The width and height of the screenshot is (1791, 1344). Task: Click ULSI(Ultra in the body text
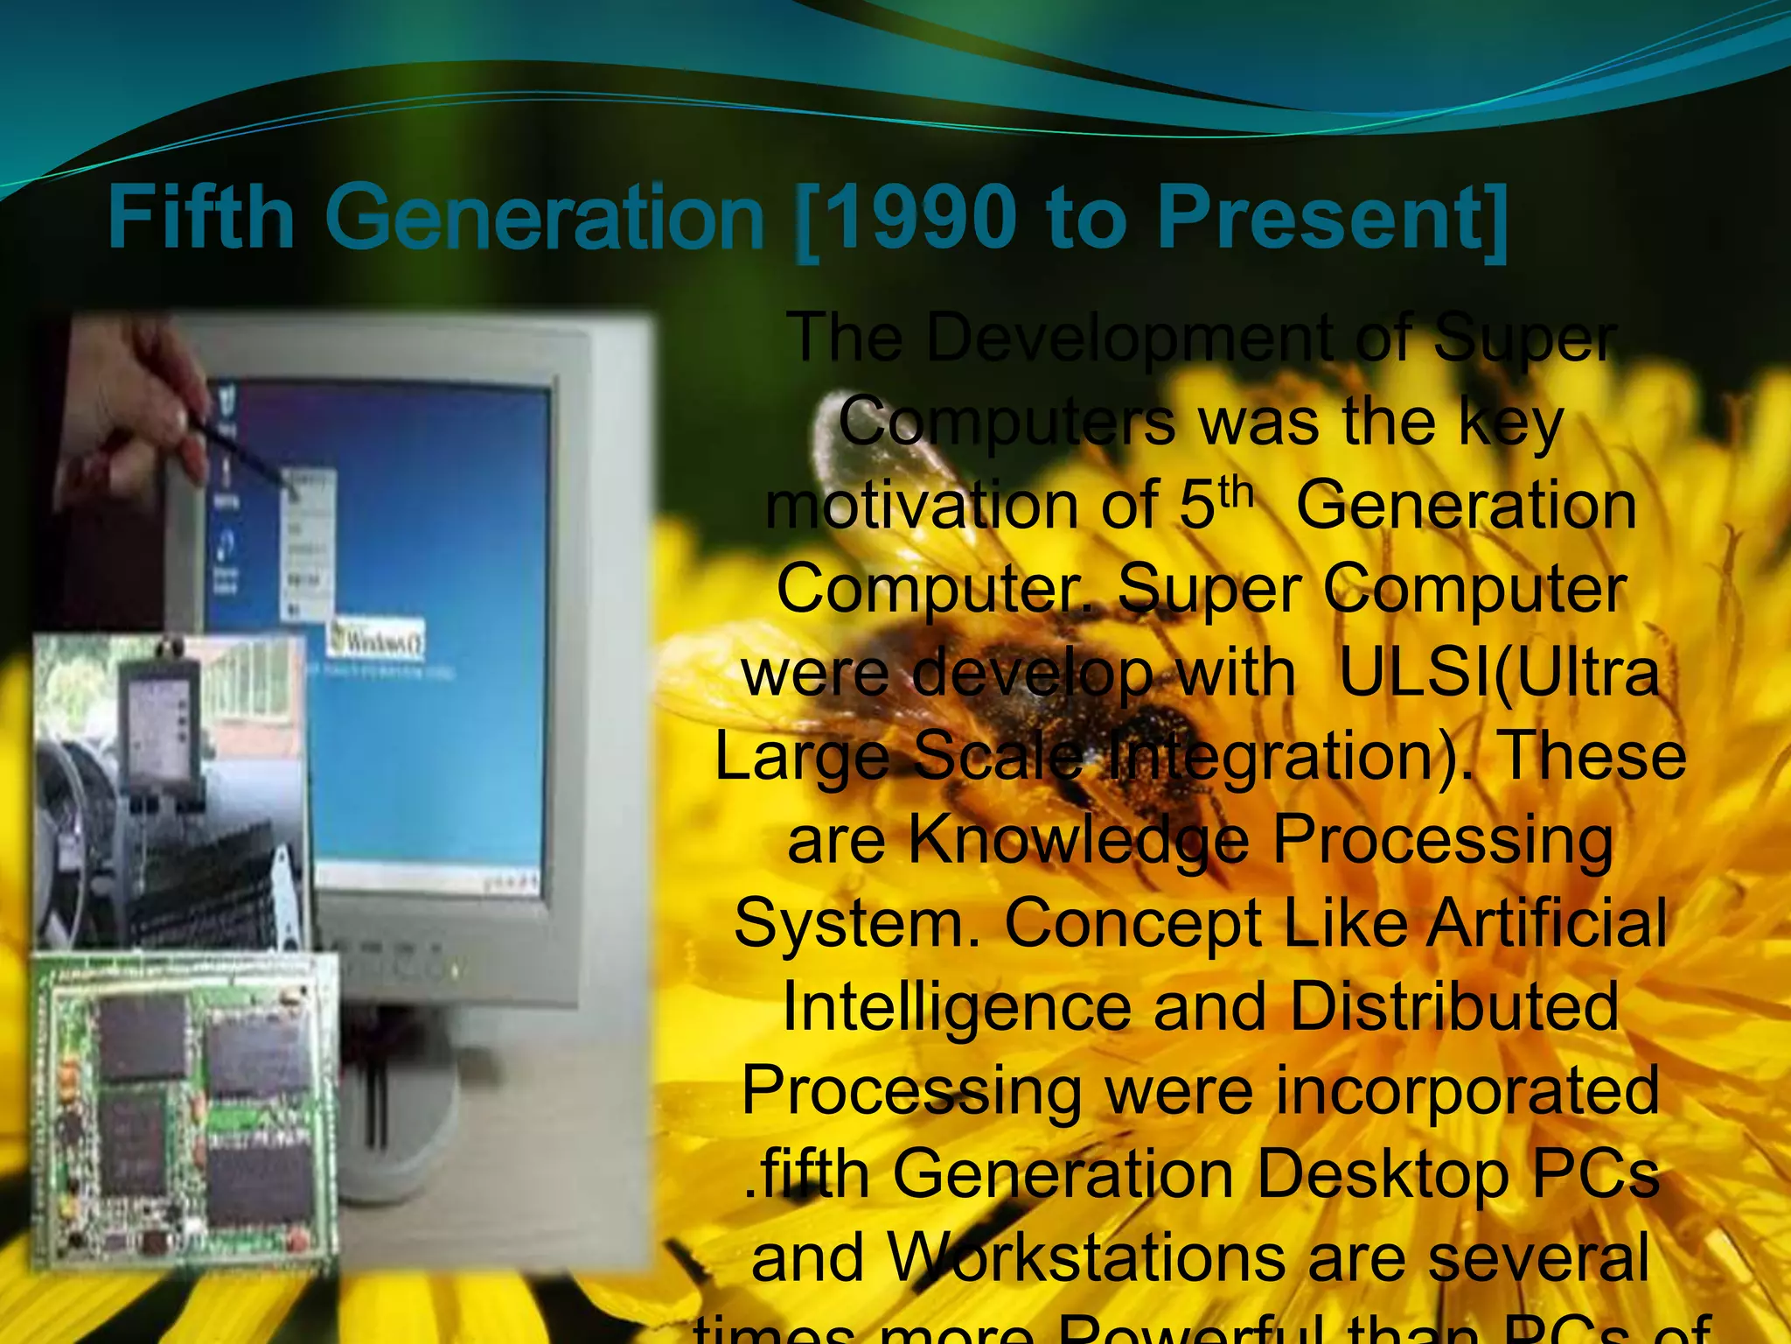click(x=1498, y=674)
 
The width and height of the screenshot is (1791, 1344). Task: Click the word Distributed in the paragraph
click(x=1453, y=1006)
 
